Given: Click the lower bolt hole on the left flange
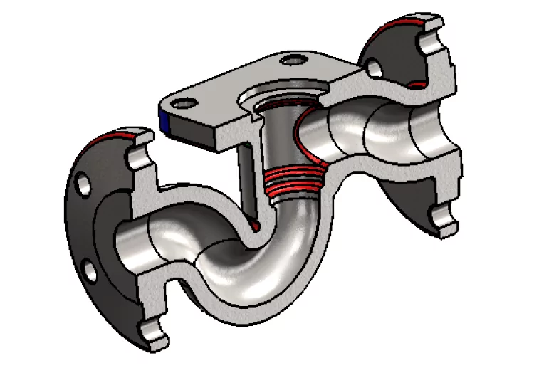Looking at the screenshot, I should [90, 270].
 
